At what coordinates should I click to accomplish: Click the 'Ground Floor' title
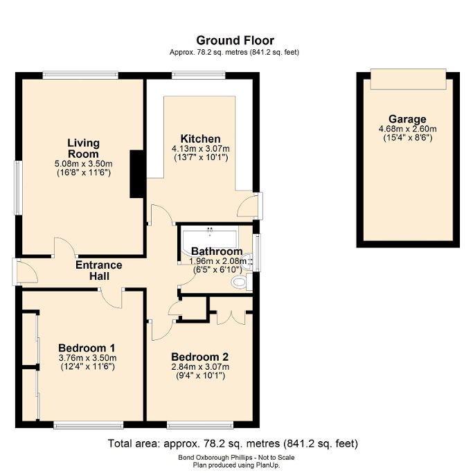(x=235, y=41)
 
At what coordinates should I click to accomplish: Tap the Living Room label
(x=82, y=148)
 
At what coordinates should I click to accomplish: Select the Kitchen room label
(x=200, y=139)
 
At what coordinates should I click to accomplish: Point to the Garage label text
(x=407, y=119)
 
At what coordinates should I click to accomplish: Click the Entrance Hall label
(x=98, y=271)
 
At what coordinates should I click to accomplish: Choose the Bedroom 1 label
(x=87, y=348)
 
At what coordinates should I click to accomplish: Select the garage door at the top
(x=407, y=80)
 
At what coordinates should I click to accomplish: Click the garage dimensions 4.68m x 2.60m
(x=407, y=129)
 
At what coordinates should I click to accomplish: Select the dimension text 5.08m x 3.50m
(x=82, y=164)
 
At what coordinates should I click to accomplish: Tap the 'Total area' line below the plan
(x=233, y=443)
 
